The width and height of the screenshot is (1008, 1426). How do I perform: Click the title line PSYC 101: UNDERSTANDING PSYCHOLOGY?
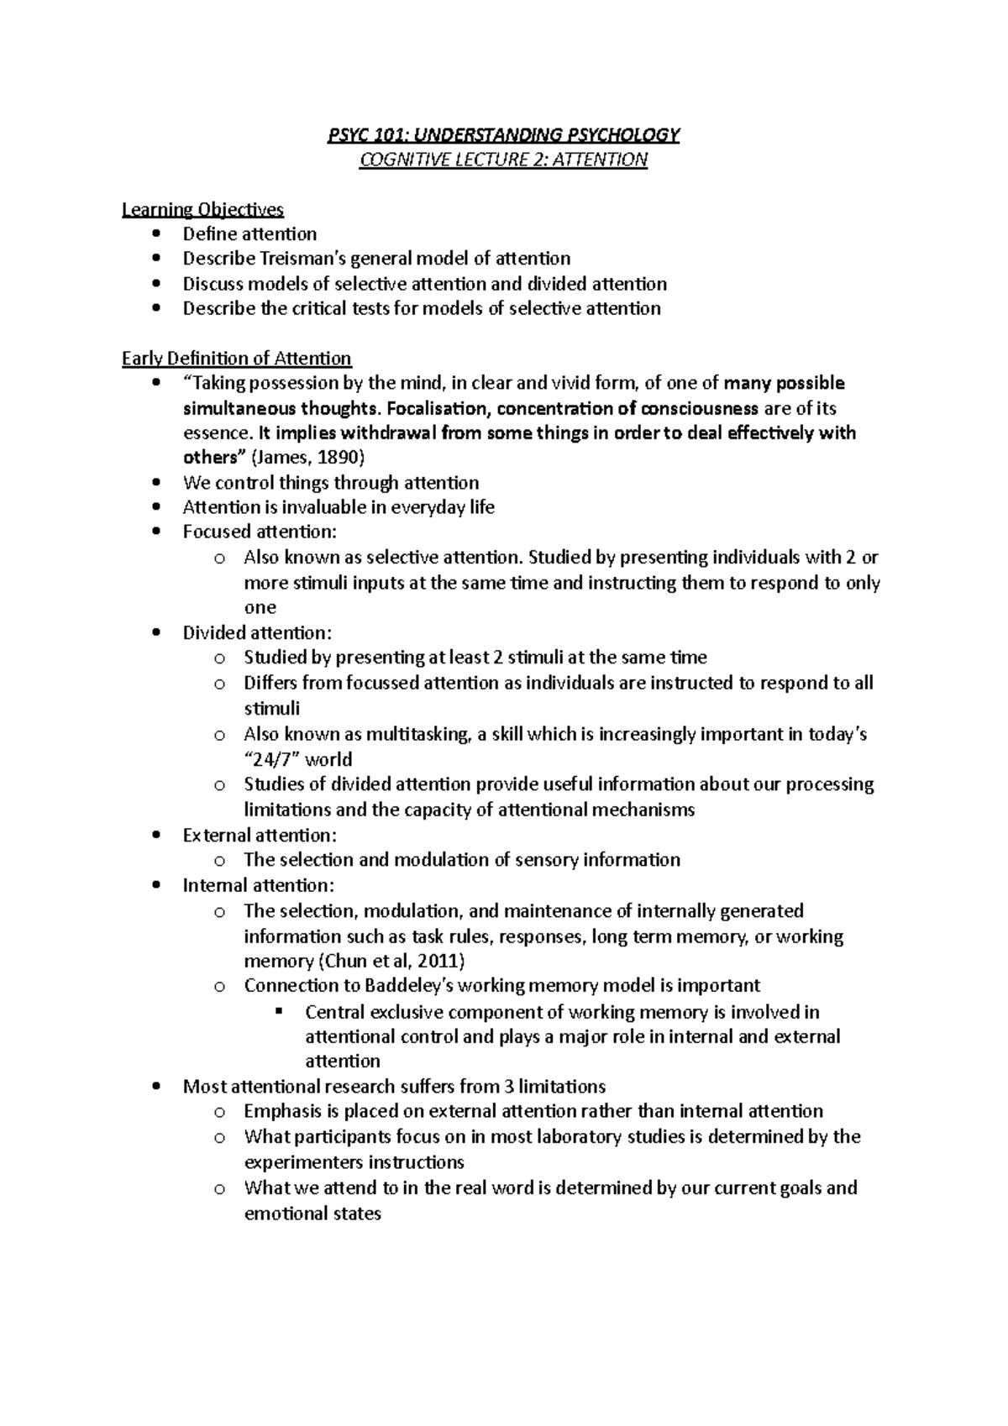(503, 135)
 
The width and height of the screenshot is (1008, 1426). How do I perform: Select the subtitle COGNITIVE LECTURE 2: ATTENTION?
(503, 160)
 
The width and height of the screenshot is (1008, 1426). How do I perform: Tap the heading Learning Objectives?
(202, 209)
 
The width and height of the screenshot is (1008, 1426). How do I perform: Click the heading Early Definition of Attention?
(236, 359)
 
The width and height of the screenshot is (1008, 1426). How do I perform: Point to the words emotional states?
(312, 1214)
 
